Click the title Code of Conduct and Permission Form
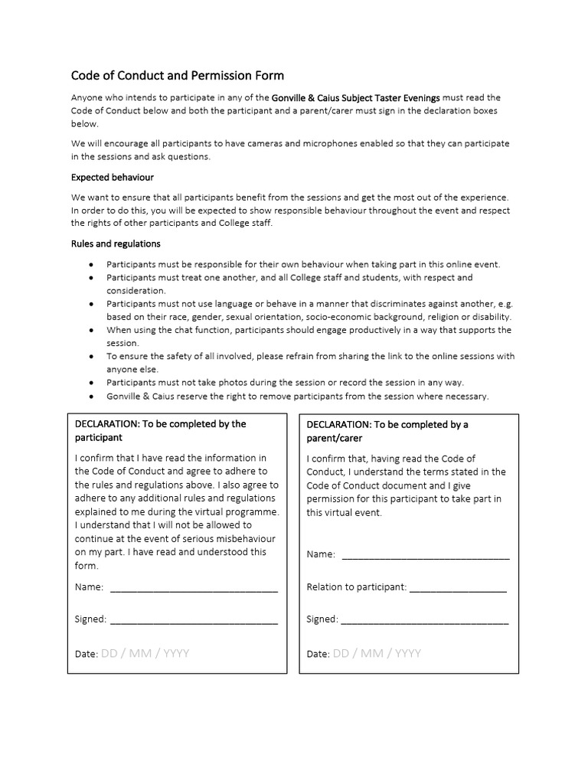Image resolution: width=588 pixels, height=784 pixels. click(177, 75)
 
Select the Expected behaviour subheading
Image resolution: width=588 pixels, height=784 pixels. click(113, 177)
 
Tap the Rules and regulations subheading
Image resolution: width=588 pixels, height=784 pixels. click(116, 243)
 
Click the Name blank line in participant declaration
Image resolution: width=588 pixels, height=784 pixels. click(194, 587)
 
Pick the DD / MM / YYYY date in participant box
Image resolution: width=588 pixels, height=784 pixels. click(145, 654)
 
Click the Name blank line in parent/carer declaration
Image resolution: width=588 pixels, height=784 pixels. click(425, 554)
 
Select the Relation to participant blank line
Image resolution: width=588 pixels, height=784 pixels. click(458, 587)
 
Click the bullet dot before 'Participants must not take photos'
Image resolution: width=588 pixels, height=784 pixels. click(92, 383)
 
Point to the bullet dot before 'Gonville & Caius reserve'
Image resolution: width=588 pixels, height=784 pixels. click(92, 397)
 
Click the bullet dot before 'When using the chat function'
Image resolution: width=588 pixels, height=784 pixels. click(92, 330)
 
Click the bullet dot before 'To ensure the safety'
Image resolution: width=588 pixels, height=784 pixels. click(92, 357)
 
